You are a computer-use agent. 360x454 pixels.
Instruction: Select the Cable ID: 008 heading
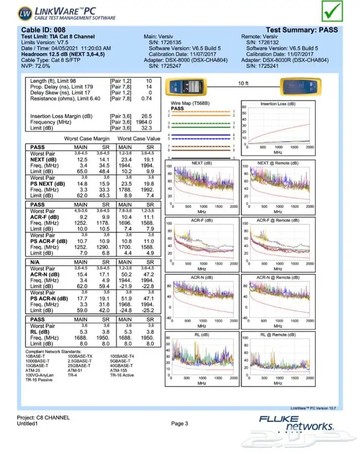tap(43, 30)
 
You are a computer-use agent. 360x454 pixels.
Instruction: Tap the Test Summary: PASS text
tap(302, 30)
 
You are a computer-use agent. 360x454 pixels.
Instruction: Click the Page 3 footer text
tap(180, 423)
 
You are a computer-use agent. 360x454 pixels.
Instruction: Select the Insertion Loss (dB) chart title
tap(277, 103)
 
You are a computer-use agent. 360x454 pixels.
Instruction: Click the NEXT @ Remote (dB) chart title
tap(278, 163)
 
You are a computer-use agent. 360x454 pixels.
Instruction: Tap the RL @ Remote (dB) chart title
tap(278, 335)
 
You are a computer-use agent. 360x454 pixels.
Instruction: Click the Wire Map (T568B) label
tap(190, 103)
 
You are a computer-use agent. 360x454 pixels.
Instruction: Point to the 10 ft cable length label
tap(243, 83)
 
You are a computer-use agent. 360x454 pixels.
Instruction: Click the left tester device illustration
tap(186, 85)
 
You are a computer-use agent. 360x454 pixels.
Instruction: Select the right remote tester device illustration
tap(300, 85)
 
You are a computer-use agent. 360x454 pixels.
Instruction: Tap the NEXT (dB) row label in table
tap(44, 159)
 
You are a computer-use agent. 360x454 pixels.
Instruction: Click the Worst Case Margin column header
tap(87, 139)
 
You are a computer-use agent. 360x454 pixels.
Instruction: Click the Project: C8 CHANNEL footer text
tap(43, 417)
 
